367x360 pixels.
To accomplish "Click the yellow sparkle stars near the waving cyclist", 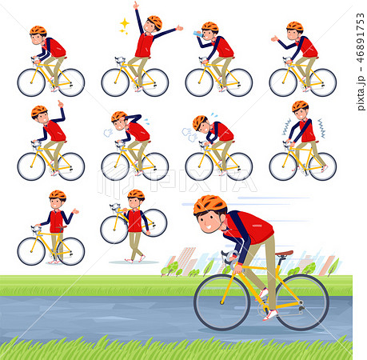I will pos(125,25).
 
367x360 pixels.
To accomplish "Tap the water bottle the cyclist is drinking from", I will pos(197,34).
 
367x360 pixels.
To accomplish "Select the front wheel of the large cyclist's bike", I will pos(221,302).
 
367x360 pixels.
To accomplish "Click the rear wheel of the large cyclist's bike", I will pos(301,302).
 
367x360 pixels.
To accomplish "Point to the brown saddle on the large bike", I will pos(284,254).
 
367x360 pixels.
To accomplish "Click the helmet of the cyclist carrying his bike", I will pos(136,194).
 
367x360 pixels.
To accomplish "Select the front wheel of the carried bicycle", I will pos(114,230).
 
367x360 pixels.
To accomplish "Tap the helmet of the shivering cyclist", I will pos(300,106).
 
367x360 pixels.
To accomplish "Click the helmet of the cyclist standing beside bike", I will pos(57,194).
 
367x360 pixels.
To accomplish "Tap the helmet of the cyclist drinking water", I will pos(210,27).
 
